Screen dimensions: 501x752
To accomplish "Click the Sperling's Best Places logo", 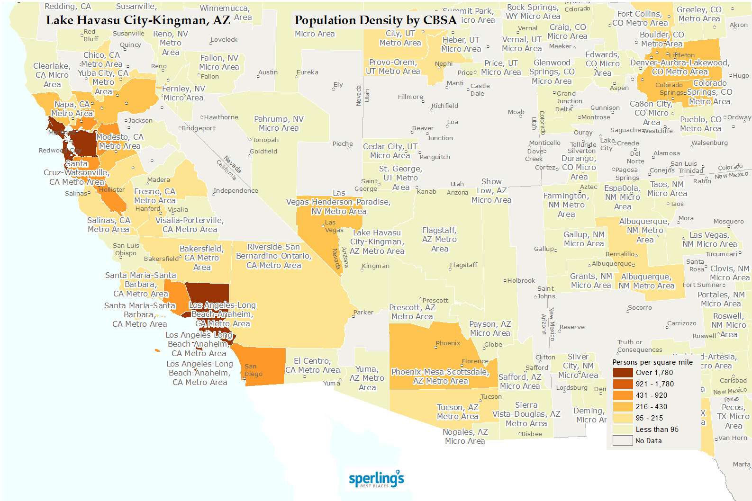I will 376,479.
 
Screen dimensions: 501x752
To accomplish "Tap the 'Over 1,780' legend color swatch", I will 623,373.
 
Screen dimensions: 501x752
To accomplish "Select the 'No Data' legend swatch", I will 623,441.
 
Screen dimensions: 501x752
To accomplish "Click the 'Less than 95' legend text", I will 657,429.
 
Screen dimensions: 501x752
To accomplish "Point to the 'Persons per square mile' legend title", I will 652,362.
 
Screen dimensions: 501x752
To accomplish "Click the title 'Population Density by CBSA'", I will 375,20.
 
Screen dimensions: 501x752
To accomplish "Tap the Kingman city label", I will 375,266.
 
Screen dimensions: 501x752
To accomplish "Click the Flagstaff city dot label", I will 463,265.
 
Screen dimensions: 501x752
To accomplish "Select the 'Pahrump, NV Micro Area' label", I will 279,124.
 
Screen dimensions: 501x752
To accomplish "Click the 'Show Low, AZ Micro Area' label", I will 491,191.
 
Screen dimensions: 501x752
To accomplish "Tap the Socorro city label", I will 640,308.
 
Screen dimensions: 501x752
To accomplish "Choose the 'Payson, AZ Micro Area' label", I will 490,329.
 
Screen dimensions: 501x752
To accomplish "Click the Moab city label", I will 516,112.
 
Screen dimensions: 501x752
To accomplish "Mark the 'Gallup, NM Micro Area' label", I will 584,239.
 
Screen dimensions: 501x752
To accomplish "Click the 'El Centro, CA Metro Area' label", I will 312,366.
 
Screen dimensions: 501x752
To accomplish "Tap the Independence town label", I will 236,191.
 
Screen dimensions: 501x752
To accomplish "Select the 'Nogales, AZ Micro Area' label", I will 465,437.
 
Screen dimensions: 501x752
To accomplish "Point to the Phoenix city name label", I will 448,343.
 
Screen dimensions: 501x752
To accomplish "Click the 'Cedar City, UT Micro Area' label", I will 390,151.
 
